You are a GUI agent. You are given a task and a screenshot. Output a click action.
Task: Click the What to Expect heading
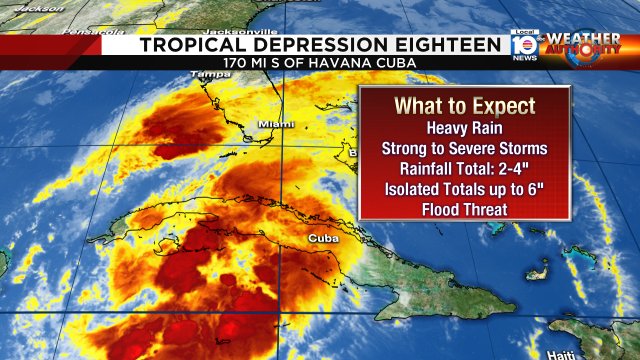click(x=465, y=106)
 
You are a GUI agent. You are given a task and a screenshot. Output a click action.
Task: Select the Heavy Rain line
click(x=465, y=128)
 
